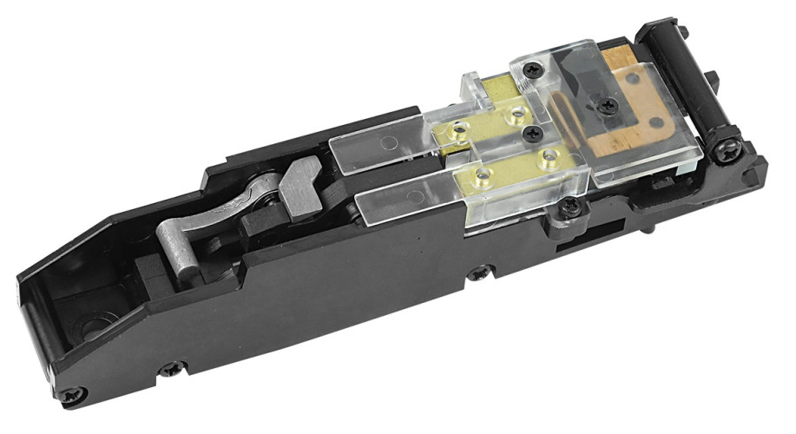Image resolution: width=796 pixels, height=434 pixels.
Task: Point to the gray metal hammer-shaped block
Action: point(299,178)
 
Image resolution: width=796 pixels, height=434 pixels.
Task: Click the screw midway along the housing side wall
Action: point(477,274)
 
